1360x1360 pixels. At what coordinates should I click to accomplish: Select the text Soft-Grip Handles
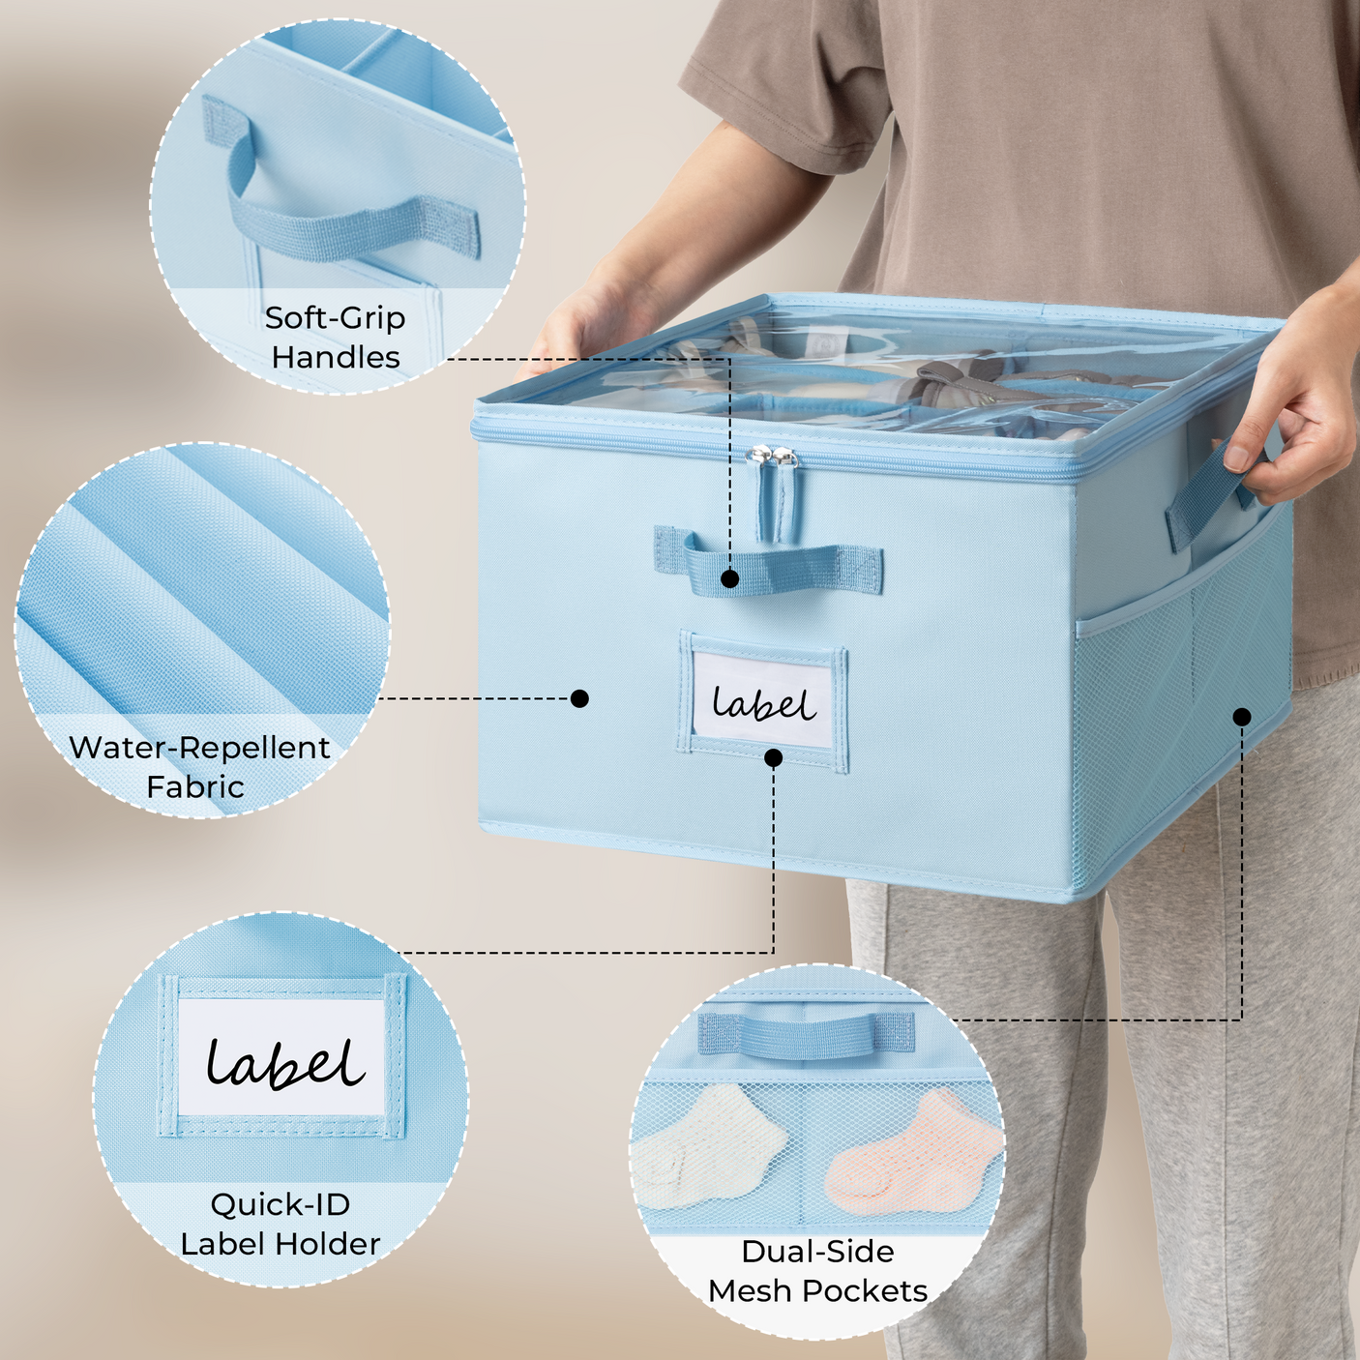336,338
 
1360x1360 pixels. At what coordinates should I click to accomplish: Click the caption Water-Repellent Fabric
199,766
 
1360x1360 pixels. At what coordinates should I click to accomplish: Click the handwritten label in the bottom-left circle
284,1063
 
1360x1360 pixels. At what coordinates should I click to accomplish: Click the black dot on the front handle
730,579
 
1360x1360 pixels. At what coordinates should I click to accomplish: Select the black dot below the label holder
774,758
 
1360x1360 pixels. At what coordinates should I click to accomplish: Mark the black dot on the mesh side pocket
1242,717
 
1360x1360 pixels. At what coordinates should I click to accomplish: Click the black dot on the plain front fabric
579,698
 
